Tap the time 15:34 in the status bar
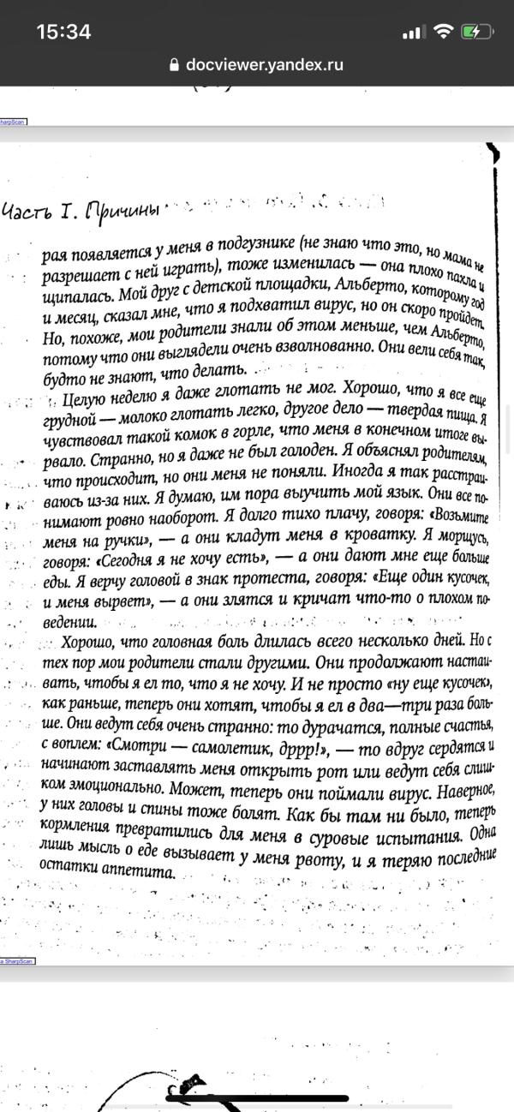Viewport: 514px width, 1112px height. coord(63,32)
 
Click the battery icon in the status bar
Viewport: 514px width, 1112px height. coord(475,32)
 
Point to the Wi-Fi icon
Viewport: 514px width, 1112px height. coord(443,32)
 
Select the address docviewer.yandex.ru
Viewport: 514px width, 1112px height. coord(264,64)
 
